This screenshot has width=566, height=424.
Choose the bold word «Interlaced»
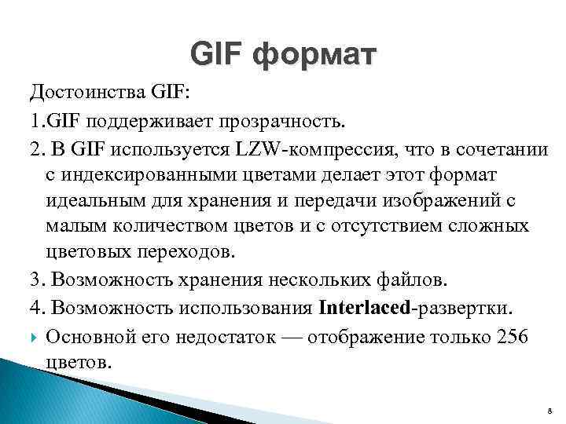point(364,304)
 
